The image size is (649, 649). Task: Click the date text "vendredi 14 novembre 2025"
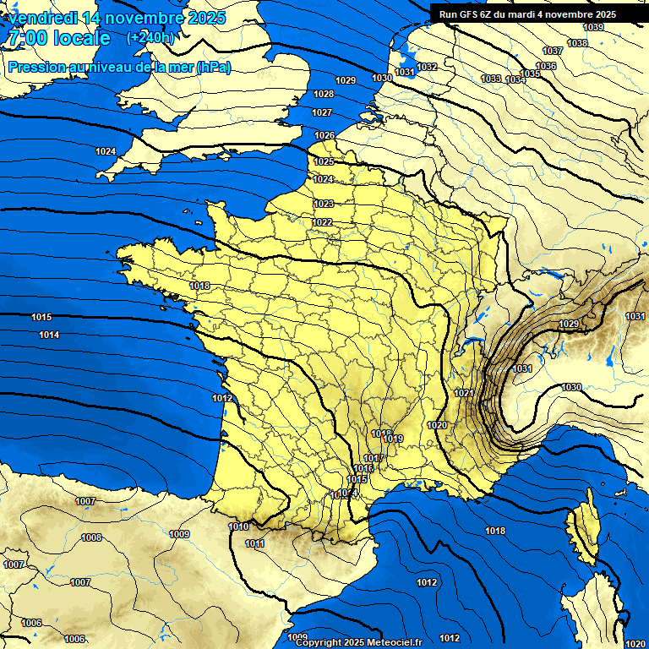pyautogui.click(x=117, y=18)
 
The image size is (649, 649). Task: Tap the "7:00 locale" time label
pyautogui.click(x=60, y=38)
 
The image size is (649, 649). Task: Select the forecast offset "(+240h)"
pyautogui.click(x=151, y=38)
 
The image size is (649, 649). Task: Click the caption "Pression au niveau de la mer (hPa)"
pyautogui.click(x=119, y=67)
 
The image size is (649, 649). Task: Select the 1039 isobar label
pyautogui.click(x=594, y=28)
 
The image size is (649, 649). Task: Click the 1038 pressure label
pyautogui.click(x=577, y=43)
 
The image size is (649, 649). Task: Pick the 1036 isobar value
pyautogui.click(x=547, y=66)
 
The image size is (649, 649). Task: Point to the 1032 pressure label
pyautogui.click(x=428, y=67)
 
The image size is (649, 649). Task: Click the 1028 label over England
pyautogui.click(x=323, y=95)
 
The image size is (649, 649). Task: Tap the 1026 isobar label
pyautogui.click(x=325, y=136)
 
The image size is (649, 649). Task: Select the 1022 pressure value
pyautogui.click(x=322, y=223)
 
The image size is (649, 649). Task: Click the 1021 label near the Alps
pyautogui.click(x=464, y=394)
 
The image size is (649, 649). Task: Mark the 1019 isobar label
pyautogui.click(x=393, y=439)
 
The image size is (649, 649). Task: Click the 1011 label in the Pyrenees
pyautogui.click(x=254, y=544)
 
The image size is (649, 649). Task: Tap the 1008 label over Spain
pyautogui.click(x=91, y=537)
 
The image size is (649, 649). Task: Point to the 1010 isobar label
pyautogui.click(x=238, y=527)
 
